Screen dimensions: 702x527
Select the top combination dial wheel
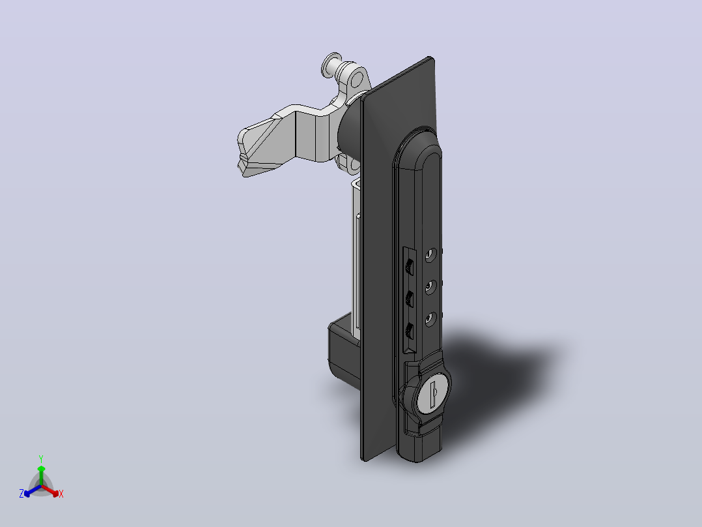point(409,267)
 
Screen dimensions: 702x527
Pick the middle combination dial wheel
point(409,299)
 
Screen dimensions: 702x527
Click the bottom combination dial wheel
point(409,332)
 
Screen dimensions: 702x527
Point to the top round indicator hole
point(430,255)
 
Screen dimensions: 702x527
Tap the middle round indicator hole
point(430,287)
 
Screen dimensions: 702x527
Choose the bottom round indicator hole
point(430,320)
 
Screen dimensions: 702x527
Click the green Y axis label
point(41,459)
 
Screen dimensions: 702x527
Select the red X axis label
point(61,494)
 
